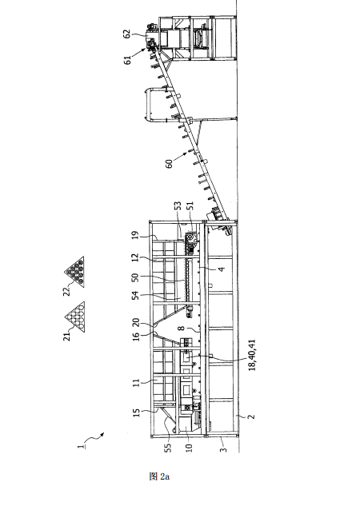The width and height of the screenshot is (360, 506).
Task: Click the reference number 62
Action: coord(127,34)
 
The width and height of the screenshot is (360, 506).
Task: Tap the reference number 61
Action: coord(128,60)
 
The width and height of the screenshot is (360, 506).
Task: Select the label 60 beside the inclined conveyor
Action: coord(169,163)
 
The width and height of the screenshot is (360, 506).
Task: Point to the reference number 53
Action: coord(178,207)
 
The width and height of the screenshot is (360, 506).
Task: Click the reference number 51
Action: coord(190,206)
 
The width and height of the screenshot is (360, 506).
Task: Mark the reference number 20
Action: coord(136,322)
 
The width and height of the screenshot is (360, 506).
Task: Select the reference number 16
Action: coord(136,337)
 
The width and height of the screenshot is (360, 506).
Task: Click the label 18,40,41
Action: coord(252,355)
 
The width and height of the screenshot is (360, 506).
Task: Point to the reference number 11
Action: coord(137,383)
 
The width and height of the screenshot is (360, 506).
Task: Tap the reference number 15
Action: coord(137,413)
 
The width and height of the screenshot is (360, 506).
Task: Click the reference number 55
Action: coord(167,448)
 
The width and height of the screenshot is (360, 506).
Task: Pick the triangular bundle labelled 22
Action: coord(75,271)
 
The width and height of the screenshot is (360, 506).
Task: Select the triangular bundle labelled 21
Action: coord(75,317)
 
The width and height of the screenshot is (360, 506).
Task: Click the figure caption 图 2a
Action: coord(159,476)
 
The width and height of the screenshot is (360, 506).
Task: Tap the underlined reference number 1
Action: coord(81,447)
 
